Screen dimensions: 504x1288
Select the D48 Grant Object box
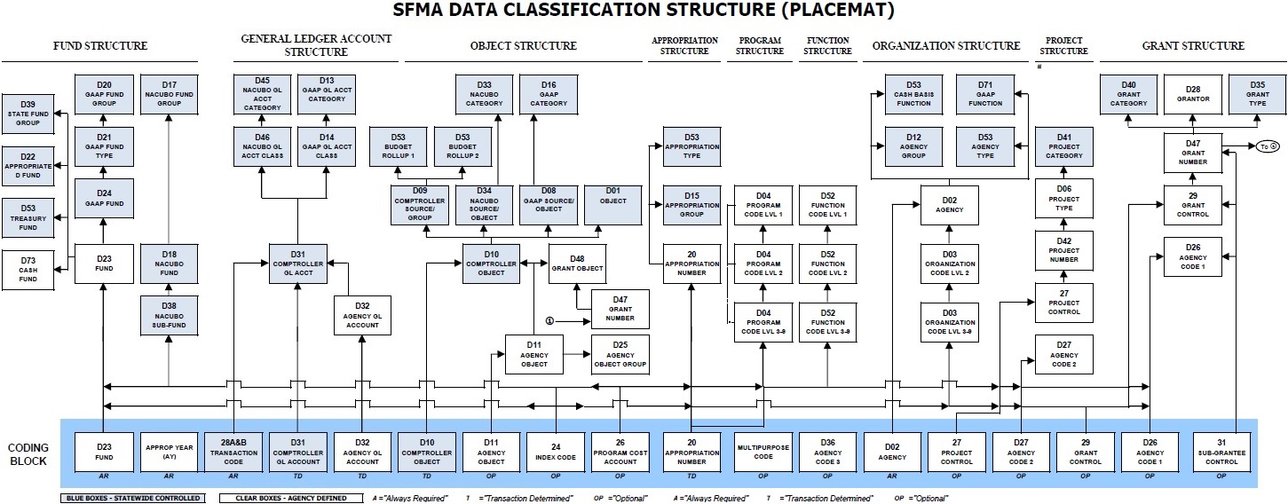(577, 263)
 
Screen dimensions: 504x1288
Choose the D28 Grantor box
(1192, 93)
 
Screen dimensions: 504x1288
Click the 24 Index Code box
(556, 452)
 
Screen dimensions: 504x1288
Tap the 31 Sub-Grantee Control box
(1221, 452)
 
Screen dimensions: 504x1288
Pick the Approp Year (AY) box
(169, 452)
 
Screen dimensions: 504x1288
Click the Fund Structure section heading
(100, 46)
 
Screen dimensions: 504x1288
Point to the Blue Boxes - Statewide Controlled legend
(131, 498)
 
